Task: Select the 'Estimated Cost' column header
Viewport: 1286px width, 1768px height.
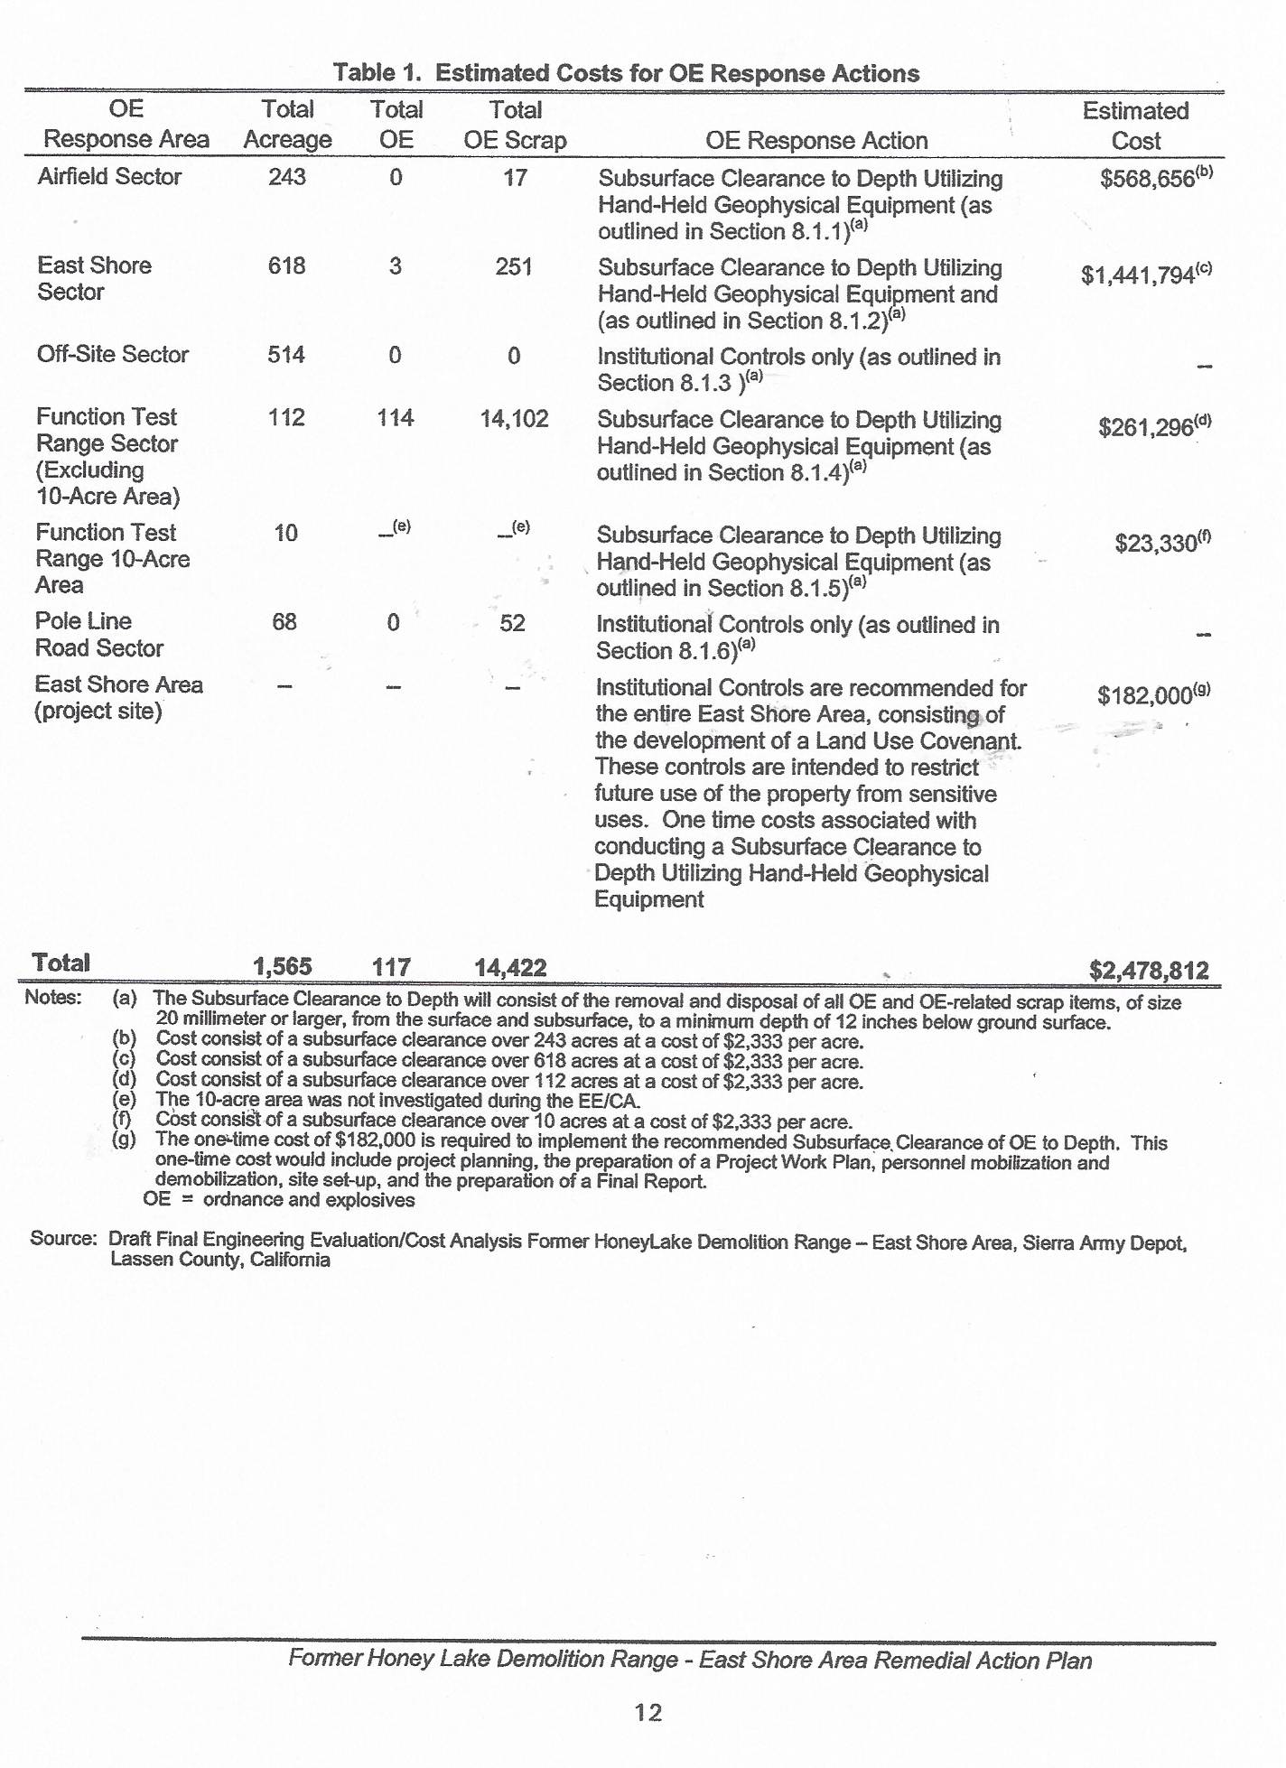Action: (x=1135, y=126)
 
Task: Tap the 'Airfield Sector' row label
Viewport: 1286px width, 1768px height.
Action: (x=109, y=177)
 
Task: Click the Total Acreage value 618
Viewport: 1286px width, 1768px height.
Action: (x=286, y=266)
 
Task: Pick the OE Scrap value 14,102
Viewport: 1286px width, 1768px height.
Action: (x=514, y=419)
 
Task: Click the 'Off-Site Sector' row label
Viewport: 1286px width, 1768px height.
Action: (x=112, y=354)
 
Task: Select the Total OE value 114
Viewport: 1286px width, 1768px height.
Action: (x=396, y=418)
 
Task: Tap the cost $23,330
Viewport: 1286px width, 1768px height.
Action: (x=1156, y=544)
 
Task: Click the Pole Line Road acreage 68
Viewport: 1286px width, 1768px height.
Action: (x=284, y=622)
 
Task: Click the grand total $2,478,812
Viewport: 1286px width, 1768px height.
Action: (x=1149, y=971)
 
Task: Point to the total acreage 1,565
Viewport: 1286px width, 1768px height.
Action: (x=283, y=967)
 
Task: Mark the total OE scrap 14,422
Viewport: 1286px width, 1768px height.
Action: (x=510, y=968)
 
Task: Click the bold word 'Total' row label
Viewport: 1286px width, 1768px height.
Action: (x=61, y=963)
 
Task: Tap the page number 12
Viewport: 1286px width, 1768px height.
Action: (x=648, y=1713)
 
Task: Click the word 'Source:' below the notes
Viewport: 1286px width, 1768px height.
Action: (x=63, y=1238)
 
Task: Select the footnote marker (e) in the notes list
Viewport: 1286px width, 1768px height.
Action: (x=124, y=1101)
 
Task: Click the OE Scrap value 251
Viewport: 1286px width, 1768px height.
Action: (x=514, y=267)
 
